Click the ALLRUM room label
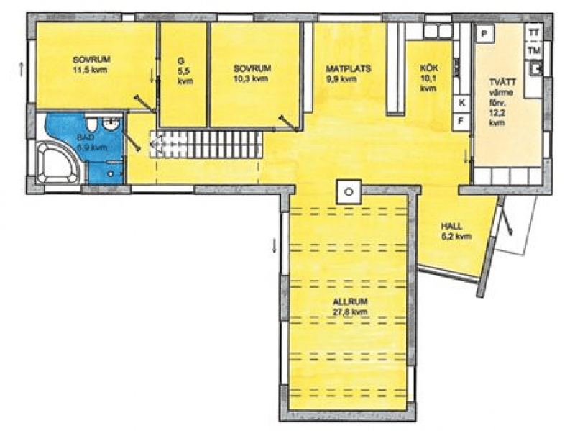pyautogui.click(x=350, y=301)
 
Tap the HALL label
pyautogui.click(x=451, y=226)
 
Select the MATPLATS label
pyautogui.click(x=349, y=68)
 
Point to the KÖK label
pyautogui.click(x=428, y=68)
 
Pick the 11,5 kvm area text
pyautogui.click(x=91, y=70)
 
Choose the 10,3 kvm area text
pyautogui.click(x=251, y=78)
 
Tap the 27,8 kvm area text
pyautogui.click(x=350, y=312)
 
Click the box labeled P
pyautogui.click(x=484, y=34)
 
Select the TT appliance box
pyautogui.click(x=533, y=32)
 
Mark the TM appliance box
pyautogui.click(x=534, y=50)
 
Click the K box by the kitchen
pyautogui.click(x=461, y=103)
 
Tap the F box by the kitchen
pyautogui.click(x=461, y=120)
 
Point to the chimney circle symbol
pyautogui.click(x=349, y=191)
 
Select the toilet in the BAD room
pyautogui.click(x=91, y=124)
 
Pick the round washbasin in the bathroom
pyautogui.click(x=111, y=124)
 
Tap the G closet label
pyautogui.click(x=181, y=61)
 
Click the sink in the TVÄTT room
pyautogui.click(x=534, y=68)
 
